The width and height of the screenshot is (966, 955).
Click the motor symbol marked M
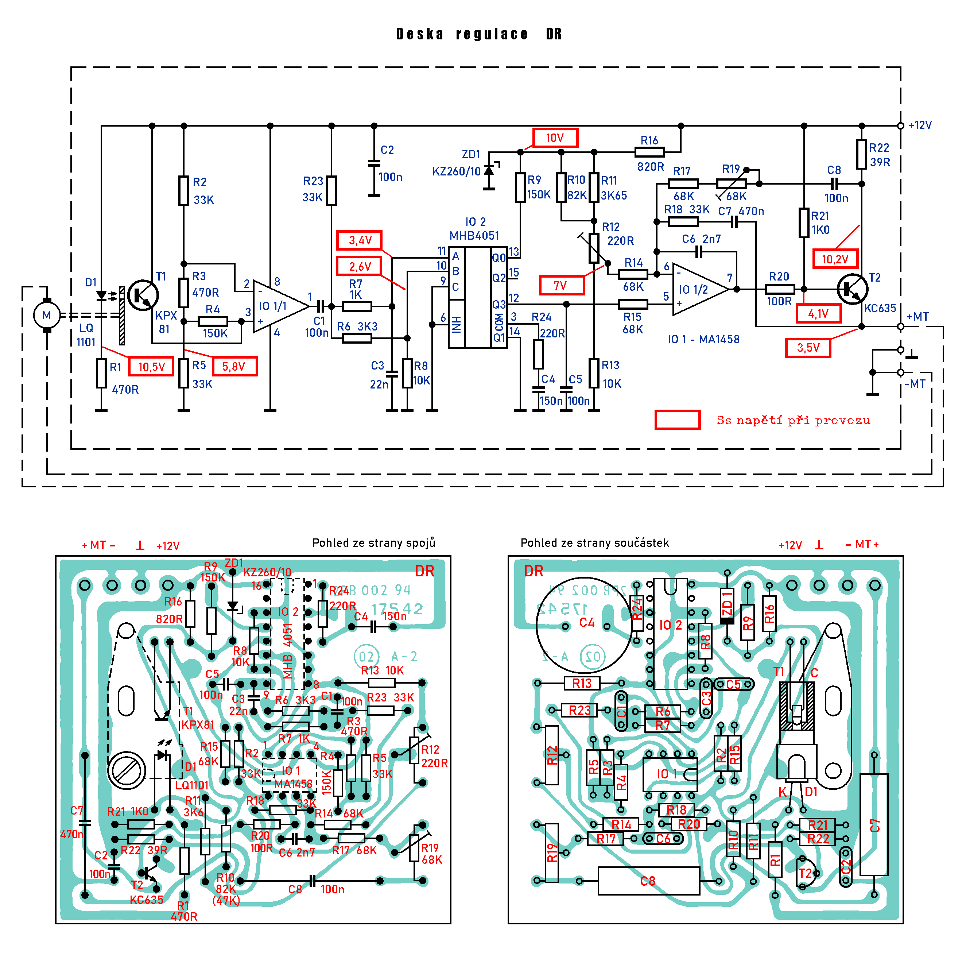[x=47, y=316]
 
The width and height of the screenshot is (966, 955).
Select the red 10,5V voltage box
[x=151, y=367]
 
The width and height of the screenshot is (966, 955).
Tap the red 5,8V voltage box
[x=234, y=367]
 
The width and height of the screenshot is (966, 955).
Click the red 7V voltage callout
[x=561, y=286]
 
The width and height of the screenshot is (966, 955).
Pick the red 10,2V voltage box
[x=835, y=259]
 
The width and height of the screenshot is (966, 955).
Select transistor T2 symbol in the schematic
[x=852, y=289]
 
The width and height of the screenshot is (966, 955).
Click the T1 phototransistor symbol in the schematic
[x=143, y=295]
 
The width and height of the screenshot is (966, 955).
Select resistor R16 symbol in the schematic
[x=649, y=152]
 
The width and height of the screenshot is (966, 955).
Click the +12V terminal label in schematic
[x=920, y=125]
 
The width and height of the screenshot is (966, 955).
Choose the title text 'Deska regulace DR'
[x=479, y=34]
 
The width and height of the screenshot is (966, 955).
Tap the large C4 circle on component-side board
[x=584, y=625]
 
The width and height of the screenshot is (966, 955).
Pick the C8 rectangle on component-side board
[x=648, y=881]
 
